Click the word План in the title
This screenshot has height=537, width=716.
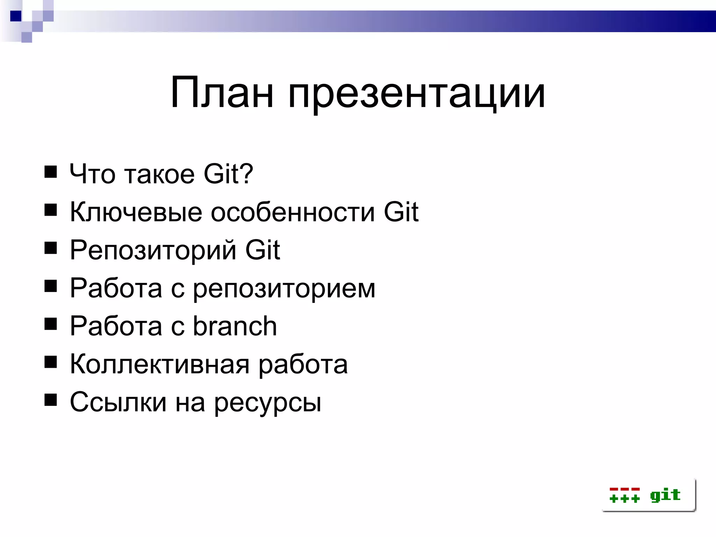pos(222,93)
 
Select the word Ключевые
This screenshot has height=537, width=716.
pos(136,212)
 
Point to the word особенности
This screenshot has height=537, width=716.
pos(293,212)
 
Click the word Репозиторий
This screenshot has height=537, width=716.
pos(153,250)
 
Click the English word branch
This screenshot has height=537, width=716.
pos(235,326)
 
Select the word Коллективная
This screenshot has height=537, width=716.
pos(159,364)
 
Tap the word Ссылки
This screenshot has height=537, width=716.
pos(118,402)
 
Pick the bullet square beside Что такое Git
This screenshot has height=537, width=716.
pos(51,172)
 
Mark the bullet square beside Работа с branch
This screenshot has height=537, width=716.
pos(51,324)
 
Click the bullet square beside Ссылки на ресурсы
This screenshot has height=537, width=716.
pos(51,400)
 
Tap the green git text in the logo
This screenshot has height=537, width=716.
pos(665,495)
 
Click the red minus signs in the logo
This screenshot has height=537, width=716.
pos(624,489)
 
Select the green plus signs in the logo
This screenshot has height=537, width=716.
pos(624,499)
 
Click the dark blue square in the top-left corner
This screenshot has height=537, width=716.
pos(16,16)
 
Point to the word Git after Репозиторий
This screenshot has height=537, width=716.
pos(263,250)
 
